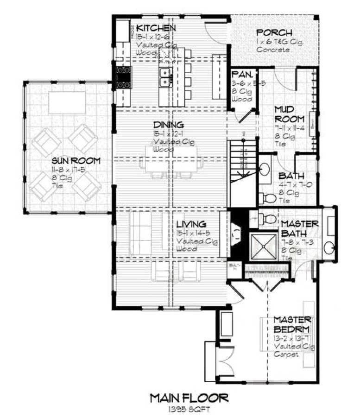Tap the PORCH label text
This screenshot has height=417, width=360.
pos(274,33)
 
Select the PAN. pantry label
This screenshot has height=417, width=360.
pos(241,74)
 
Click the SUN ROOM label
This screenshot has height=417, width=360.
pos(69,161)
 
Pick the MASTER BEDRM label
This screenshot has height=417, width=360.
pos(292,324)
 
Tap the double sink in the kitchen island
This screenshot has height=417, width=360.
pos(165,77)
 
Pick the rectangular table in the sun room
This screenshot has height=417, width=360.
pos(67,102)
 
